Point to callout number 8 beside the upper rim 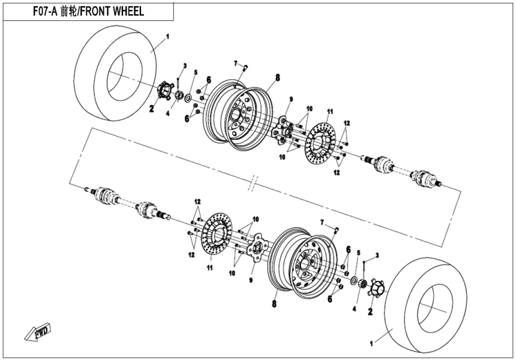[278, 77]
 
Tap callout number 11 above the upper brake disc [329, 112]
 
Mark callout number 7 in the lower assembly [322, 223]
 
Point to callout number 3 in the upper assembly [185, 65]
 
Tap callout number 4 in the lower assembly [354, 308]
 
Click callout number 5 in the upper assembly [195, 73]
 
